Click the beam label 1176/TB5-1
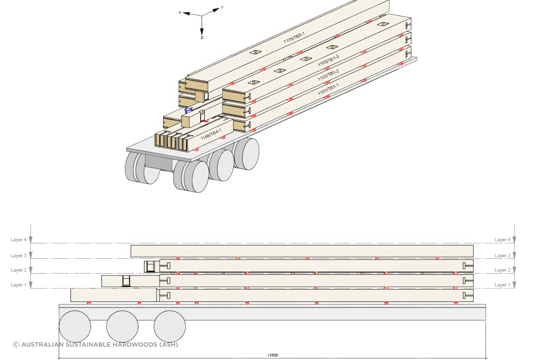tap(294, 38)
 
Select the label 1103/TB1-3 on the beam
tap(328, 61)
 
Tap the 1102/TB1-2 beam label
tap(328, 75)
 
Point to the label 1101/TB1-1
tap(328, 89)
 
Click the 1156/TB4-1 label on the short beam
tap(211, 134)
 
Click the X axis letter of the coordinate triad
tap(180, 12)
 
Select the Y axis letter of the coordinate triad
tap(222, 7)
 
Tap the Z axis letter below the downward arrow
tap(202, 38)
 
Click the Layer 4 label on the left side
tap(19, 240)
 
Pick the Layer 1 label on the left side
tap(19, 285)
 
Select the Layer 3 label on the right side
tap(502, 256)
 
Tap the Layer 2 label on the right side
tap(502, 270)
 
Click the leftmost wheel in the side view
tap(75, 327)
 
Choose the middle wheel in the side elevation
tap(122, 327)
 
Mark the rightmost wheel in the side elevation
tap(170, 327)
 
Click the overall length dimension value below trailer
tap(273, 355)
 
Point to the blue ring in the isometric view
tap(188, 110)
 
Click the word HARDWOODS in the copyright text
tap(135, 344)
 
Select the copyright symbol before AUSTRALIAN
tap(16, 344)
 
